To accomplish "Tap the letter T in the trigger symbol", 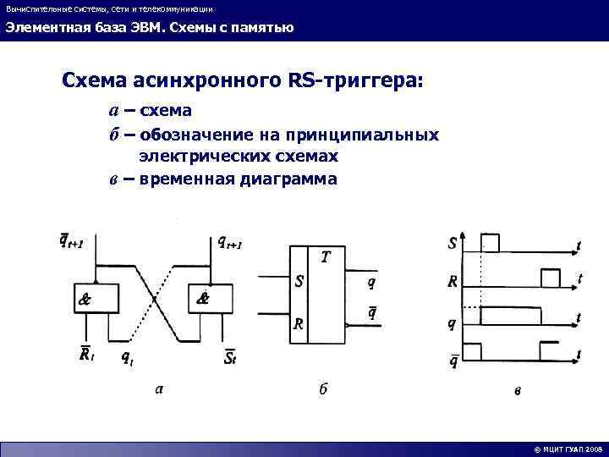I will click(325, 256).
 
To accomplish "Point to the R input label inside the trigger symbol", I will click(299, 322).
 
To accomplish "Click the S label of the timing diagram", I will click(453, 244).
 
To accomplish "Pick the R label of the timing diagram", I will click(453, 280).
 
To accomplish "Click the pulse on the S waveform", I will click(490, 243).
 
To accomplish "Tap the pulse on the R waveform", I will click(550, 278).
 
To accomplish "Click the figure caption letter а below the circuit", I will click(158, 388).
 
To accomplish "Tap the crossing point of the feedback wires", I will click(154, 296).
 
